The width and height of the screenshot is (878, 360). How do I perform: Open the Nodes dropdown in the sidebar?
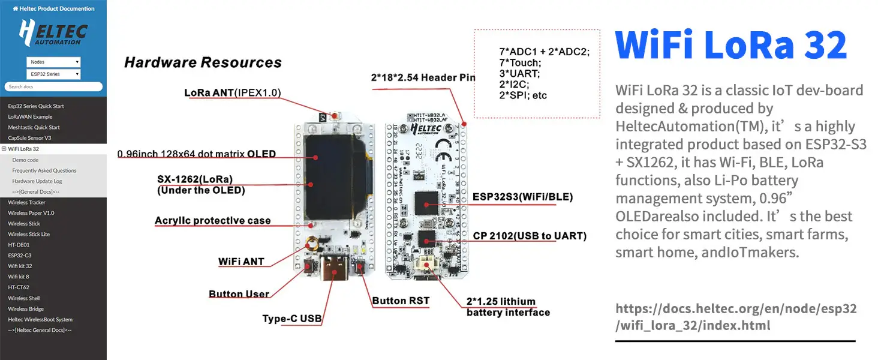(53, 62)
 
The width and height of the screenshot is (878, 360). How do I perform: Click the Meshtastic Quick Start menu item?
(34, 127)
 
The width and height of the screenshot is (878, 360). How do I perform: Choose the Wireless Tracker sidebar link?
(26, 202)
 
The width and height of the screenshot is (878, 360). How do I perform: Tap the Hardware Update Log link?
(37, 181)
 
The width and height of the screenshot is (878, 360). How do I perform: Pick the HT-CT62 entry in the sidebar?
(19, 287)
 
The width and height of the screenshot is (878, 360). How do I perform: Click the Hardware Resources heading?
(203, 63)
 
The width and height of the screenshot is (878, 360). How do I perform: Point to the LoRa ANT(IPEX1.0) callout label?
(232, 94)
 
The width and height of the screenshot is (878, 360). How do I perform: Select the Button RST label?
(401, 301)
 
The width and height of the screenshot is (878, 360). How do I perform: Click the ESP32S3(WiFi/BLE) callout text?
(522, 197)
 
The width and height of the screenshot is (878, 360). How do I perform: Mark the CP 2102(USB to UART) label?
(530, 236)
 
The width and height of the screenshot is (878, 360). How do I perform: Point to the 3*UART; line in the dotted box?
(519, 73)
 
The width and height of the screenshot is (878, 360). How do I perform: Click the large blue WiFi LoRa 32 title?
(730, 45)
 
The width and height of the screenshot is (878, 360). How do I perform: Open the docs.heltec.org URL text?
(736, 317)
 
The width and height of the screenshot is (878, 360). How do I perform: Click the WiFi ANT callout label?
(241, 262)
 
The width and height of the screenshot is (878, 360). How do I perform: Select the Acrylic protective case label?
(212, 221)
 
